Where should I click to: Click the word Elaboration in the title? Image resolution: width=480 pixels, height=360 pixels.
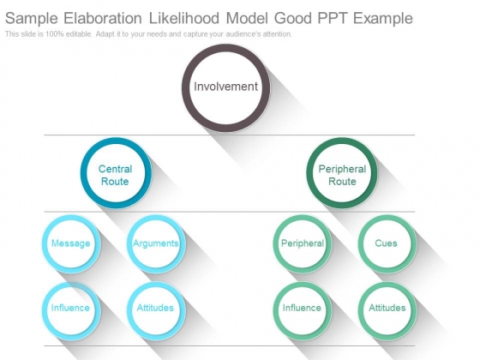[103, 18]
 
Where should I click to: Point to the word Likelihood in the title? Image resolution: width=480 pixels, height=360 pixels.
[184, 18]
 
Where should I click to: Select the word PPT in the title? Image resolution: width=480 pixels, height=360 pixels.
[333, 18]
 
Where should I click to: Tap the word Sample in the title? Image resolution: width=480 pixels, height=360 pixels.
[32, 19]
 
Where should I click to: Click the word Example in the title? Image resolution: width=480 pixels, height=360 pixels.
[383, 19]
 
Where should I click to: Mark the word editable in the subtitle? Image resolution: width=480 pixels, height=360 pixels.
[79, 34]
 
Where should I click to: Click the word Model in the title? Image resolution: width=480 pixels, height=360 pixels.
[247, 18]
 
